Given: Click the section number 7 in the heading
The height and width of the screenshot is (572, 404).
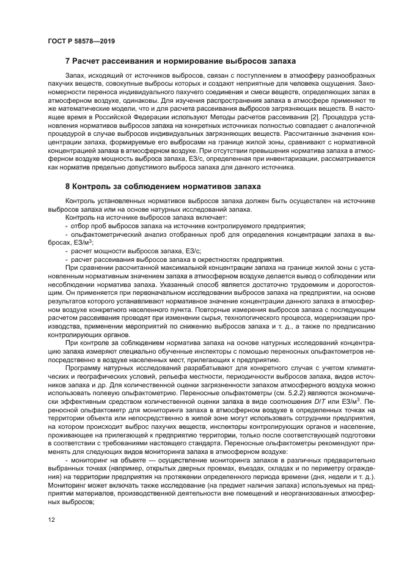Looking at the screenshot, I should tap(67, 62).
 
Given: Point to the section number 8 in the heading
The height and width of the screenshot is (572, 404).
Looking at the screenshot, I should tap(67, 186).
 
